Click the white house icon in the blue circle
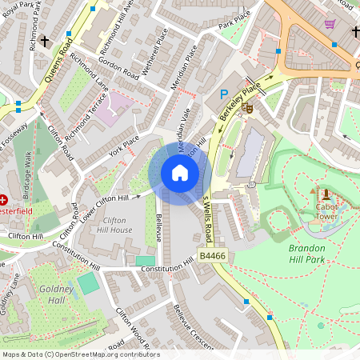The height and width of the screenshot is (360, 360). click(x=180, y=173)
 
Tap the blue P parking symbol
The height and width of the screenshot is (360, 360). click(x=225, y=94)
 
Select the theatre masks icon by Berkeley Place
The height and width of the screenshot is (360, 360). click(x=248, y=106)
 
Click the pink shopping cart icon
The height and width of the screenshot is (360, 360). click(x=330, y=24)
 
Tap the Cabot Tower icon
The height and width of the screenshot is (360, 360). click(x=325, y=194)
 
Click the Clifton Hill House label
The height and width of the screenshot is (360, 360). click(x=117, y=225)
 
